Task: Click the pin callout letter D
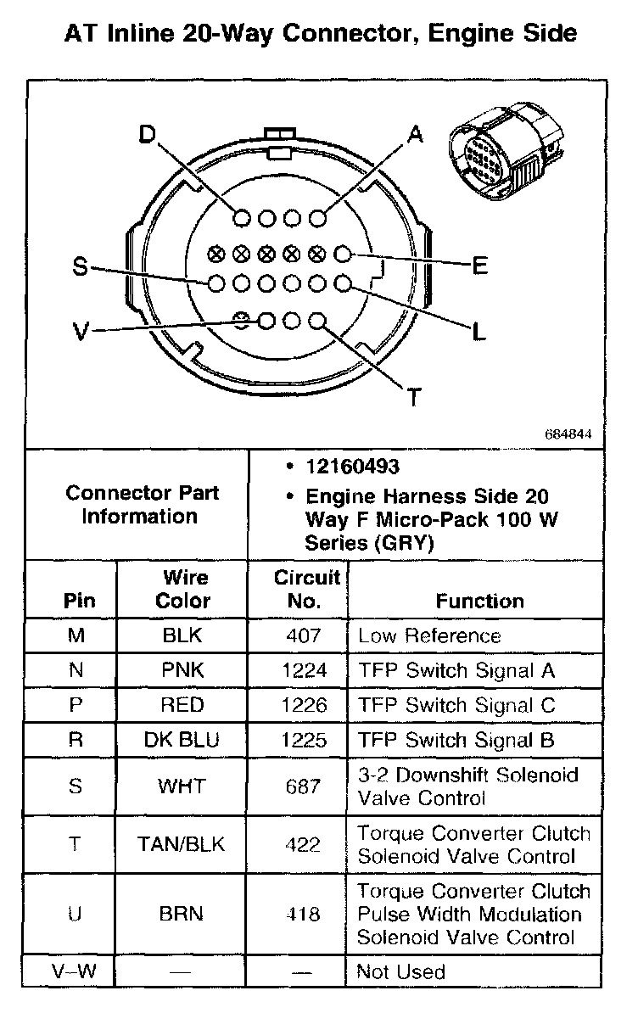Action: (148, 136)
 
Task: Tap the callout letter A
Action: (414, 134)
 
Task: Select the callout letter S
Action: (80, 267)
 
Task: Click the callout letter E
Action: (479, 266)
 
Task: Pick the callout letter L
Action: (479, 332)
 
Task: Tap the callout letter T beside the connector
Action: (414, 396)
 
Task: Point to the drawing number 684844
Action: (568, 434)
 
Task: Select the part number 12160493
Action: (351, 467)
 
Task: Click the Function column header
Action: (479, 601)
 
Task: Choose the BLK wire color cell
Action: (182, 635)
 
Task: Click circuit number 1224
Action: (305, 670)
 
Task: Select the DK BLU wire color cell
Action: (182, 740)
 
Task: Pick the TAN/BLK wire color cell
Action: (182, 845)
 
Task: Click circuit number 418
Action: (305, 915)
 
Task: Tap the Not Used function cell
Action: (400, 971)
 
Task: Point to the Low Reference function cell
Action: (429, 635)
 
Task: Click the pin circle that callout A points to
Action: (318, 219)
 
